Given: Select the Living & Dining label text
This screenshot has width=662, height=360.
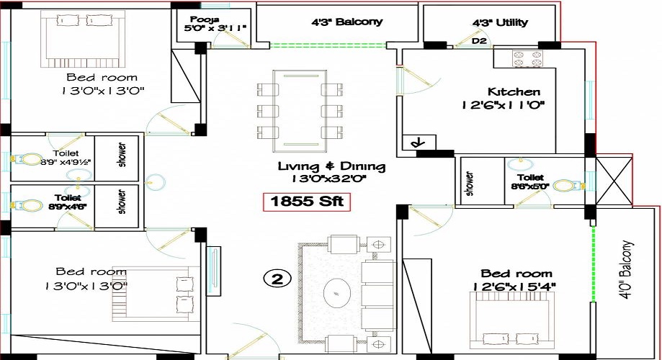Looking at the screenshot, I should point(332,167).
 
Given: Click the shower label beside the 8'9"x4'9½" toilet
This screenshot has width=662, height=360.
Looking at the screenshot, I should point(120,152).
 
